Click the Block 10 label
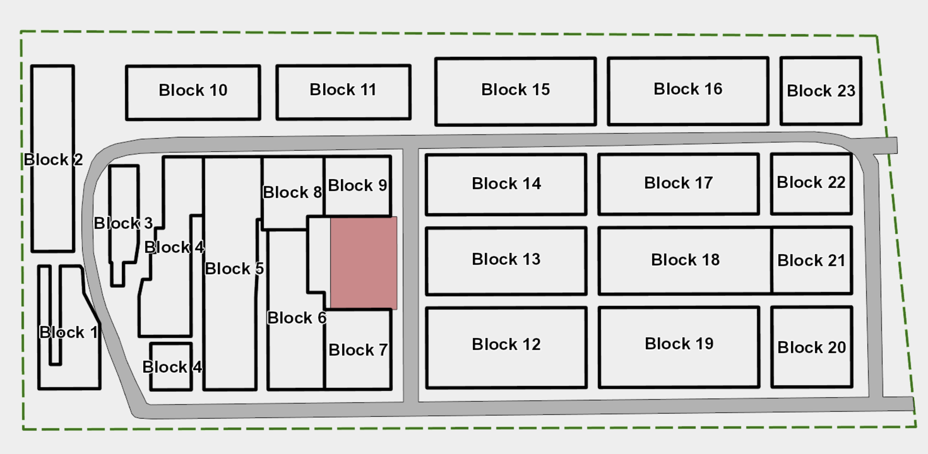pyautogui.click(x=193, y=90)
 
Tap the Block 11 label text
pyautogui.click(x=343, y=90)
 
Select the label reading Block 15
pyautogui.click(x=515, y=90)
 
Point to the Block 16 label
pyautogui.click(x=688, y=89)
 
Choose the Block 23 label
pyautogui.click(x=821, y=91)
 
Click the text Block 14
pyautogui.click(x=506, y=183)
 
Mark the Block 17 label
pyautogui.click(x=678, y=183)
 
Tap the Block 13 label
pyautogui.click(x=506, y=259)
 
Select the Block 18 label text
pyautogui.click(x=685, y=260)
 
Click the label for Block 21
pyautogui.click(x=811, y=260)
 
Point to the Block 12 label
pyautogui.click(x=506, y=344)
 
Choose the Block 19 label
pyautogui.click(x=679, y=344)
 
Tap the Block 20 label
pyautogui.click(x=811, y=347)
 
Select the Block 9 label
pyautogui.click(x=357, y=186)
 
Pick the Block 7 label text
pyautogui.click(x=358, y=350)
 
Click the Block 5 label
pyautogui.click(x=234, y=269)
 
